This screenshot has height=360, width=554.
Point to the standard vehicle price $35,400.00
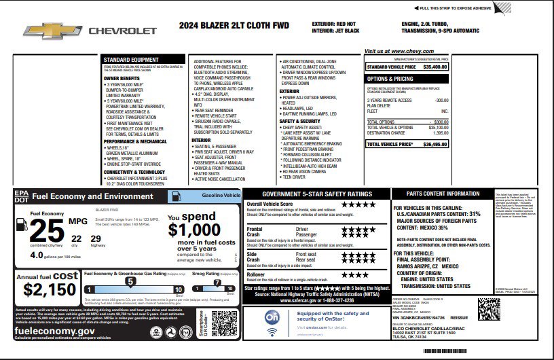435,67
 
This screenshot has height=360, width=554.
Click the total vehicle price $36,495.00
435,144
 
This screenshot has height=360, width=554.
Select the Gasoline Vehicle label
221,195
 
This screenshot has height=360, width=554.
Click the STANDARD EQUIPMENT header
131,59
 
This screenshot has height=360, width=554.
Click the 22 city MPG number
76,238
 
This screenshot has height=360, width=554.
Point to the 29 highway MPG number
95,238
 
